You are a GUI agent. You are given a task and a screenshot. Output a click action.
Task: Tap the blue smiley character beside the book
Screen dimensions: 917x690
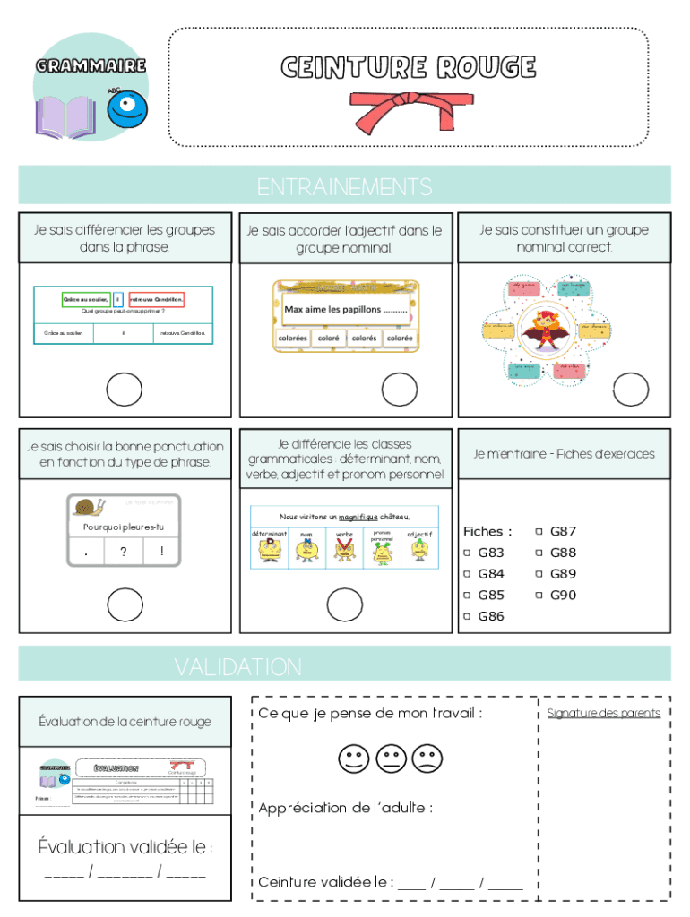pyautogui.click(x=127, y=107)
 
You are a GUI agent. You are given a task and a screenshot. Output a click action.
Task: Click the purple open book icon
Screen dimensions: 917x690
pyautogui.click(x=65, y=117)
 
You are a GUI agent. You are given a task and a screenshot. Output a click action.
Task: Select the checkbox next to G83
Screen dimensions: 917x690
pyautogui.click(x=467, y=553)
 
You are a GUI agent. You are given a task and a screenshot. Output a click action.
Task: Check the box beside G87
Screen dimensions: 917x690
pyautogui.click(x=539, y=531)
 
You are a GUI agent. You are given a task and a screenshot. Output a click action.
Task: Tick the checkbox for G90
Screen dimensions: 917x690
pyautogui.click(x=539, y=595)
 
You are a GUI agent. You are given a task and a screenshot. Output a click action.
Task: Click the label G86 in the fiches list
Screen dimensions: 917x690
pyautogui.click(x=491, y=616)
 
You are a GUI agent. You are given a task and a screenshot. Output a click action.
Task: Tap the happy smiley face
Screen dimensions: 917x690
pyautogui.click(x=354, y=759)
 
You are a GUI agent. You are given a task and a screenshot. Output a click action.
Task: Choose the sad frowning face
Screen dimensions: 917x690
pyautogui.click(x=427, y=759)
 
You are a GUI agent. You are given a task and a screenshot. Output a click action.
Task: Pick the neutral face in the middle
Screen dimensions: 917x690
pyautogui.click(x=391, y=759)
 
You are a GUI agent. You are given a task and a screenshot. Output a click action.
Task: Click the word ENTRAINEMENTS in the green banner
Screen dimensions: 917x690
pyautogui.click(x=344, y=187)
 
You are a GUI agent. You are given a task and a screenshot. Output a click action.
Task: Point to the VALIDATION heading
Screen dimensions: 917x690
pyautogui.click(x=237, y=667)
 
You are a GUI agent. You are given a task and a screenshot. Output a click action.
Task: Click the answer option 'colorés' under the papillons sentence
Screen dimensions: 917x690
pyautogui.click(x=363, y=339)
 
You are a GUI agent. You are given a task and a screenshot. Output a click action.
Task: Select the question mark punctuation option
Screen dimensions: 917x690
pyautogui.click(x=123, y=553)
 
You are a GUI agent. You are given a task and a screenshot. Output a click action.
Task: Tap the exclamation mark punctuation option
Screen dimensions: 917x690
pyautogui.click(x=161, y=553)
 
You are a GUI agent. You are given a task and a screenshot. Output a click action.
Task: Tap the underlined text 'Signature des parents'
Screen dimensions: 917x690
pyautogui.click(x=603, y=713)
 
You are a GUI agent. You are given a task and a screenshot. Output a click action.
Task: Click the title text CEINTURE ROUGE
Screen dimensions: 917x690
pyautogui.click(x=408, y=67)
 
